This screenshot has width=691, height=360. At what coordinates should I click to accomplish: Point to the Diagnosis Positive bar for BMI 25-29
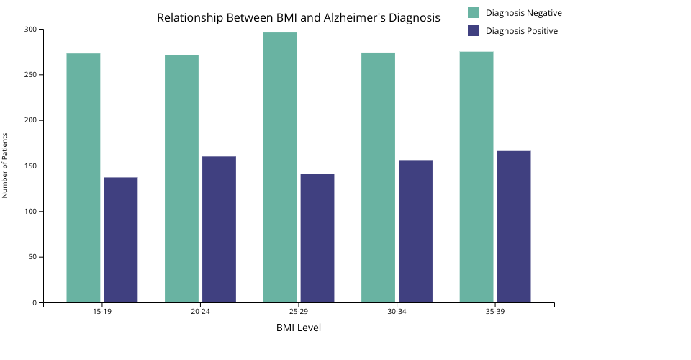tap(317, 238)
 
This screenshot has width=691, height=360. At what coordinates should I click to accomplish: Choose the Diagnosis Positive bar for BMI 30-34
tap(415, 231)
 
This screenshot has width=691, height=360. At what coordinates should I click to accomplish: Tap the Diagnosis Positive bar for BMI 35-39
tap(514, 226)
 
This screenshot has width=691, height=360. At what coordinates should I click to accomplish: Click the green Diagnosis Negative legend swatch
tap(473, 13)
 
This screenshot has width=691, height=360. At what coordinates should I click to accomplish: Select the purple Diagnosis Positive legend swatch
tap(473, 31)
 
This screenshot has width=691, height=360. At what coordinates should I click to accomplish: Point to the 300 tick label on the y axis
tap(30, 30)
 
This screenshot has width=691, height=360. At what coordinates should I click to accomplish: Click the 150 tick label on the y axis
tap(30, 166)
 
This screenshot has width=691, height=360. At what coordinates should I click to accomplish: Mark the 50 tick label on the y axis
tap(32, 257)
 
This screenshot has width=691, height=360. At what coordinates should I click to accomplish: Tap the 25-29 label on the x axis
tap(299, 312)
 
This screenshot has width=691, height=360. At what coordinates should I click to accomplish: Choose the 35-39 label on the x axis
tap(495, 312)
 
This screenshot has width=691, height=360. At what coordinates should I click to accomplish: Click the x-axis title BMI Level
tap(299, 328)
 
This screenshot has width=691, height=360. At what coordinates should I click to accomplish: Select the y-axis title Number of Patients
tap(5, 166)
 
